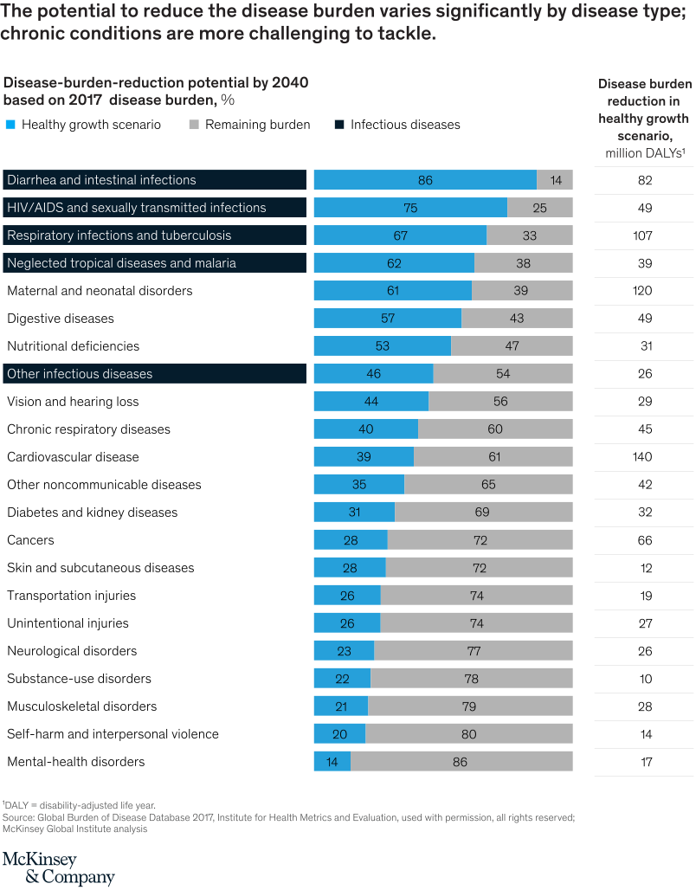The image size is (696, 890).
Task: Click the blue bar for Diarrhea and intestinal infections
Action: coord(424,180)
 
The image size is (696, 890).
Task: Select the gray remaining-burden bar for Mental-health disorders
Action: coord(461,762)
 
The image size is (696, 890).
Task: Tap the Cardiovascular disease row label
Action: coord(73,457)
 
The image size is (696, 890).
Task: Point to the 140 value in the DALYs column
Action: coord(644,457)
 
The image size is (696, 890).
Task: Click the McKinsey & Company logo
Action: coord(58,867)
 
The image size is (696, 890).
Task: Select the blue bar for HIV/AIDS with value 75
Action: coord(409,208)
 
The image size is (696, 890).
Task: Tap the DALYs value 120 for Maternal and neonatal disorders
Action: coord(644,291)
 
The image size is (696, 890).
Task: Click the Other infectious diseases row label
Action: coord(80,374)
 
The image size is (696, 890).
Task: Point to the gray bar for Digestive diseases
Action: coord(517,319)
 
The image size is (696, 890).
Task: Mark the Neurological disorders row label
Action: coord(72,651)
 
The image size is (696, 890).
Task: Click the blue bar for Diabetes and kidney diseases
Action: coord(353,513)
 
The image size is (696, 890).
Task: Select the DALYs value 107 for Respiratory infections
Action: coord(644,235)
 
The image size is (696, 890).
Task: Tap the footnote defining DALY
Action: coord(79,805)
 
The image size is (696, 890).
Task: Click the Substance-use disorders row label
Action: coord(79,679)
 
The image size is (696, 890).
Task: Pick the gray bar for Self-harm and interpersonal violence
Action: coord(468,734)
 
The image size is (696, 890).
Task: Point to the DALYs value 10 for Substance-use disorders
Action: coord(644,679)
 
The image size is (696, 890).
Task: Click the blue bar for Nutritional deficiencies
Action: coord(382,346)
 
